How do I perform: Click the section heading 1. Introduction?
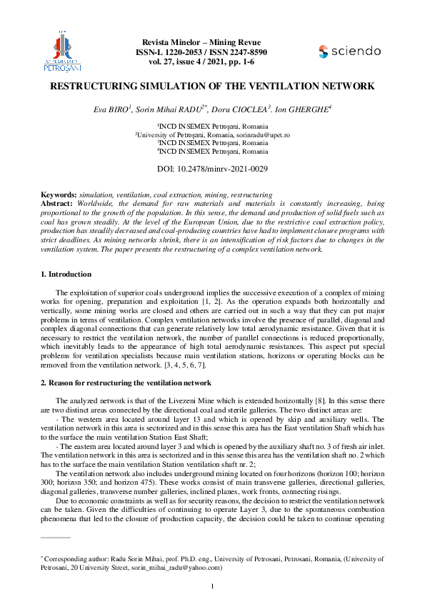coord(66,275)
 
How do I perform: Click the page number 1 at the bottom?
coord(212,587)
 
